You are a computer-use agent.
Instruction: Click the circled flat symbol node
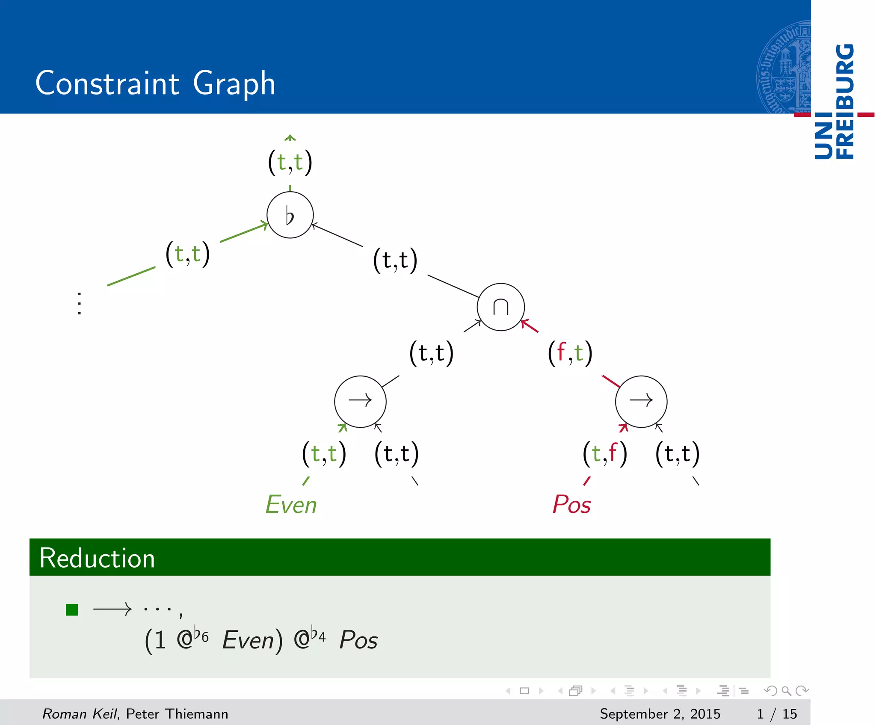(x=290, y=215)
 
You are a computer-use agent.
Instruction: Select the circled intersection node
(x=500, y=307)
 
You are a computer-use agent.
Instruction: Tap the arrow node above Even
(x=360, y=401)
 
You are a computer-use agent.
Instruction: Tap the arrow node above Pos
(x=641, y=401)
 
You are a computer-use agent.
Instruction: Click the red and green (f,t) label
(x=570, y=353)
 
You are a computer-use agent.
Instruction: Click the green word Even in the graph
(x=291, y=504)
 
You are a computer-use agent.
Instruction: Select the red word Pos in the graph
(x=571, y=504)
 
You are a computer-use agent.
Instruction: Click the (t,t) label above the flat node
(x=290, y=162)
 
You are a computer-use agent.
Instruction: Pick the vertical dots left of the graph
(x=80, y=304)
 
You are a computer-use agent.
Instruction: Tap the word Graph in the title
(x=234, y=84)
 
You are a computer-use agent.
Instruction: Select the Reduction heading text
(x=97, y=558)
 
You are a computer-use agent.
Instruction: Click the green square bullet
(x=72, y=610)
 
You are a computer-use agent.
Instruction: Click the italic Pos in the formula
(x=358, y=640)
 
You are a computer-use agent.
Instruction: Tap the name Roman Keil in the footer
(x=80, y=713)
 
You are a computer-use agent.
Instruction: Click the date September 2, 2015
(x=660, y=713)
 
